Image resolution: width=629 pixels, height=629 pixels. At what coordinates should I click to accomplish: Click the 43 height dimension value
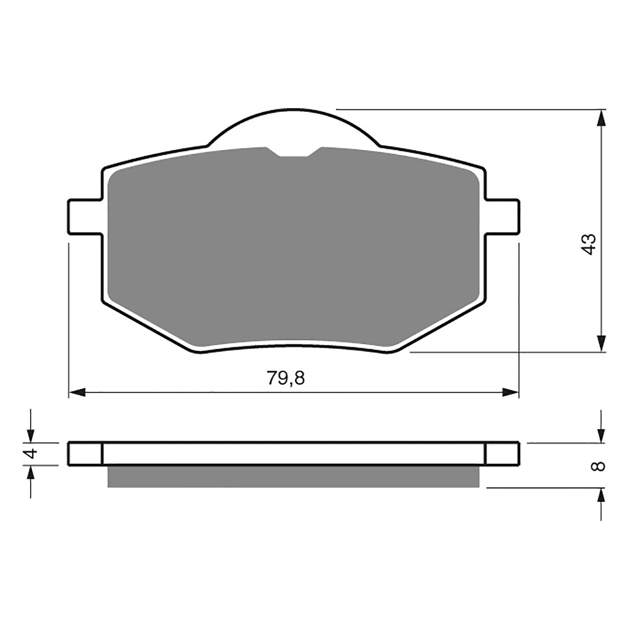pos(590,245)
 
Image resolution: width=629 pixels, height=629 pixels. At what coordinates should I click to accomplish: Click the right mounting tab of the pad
pos(503,217)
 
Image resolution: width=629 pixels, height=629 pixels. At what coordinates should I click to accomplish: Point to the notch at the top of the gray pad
pos(293,152)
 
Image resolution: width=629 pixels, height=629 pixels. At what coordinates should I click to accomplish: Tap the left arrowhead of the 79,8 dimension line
pos(77,392)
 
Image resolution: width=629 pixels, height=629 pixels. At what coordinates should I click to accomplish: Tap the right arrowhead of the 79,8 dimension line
pos(511,392)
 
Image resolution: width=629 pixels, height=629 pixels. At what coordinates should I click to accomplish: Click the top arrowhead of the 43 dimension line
pos(601,118)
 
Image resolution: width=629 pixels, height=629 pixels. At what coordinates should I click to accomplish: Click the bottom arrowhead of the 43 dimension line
pos(601,343)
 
